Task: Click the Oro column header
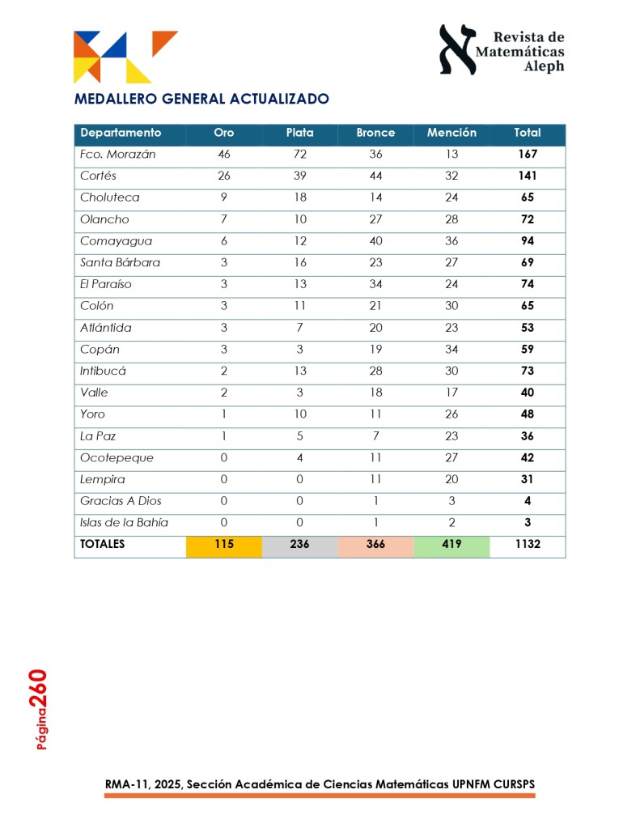click(224, 133)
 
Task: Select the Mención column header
click(451, 133)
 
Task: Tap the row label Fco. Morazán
click(117, 154)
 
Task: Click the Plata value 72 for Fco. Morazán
click(299, 154)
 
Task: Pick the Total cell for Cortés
click(528, 176)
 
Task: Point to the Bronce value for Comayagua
click(375, 240)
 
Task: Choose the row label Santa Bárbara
click(120, 262)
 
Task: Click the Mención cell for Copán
click(451, 349)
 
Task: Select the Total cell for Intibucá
click(528, 371)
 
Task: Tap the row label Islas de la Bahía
click(124, 522)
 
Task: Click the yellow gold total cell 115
click(224, 545)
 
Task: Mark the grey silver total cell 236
click(299, 545)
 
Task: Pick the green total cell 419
click(451, 545)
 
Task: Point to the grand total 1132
click(528, 545)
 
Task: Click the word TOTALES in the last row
click(103, 545)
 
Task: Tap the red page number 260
click(39, 690)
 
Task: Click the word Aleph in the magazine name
click(544, 67)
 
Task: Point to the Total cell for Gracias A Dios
click(528, 501)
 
